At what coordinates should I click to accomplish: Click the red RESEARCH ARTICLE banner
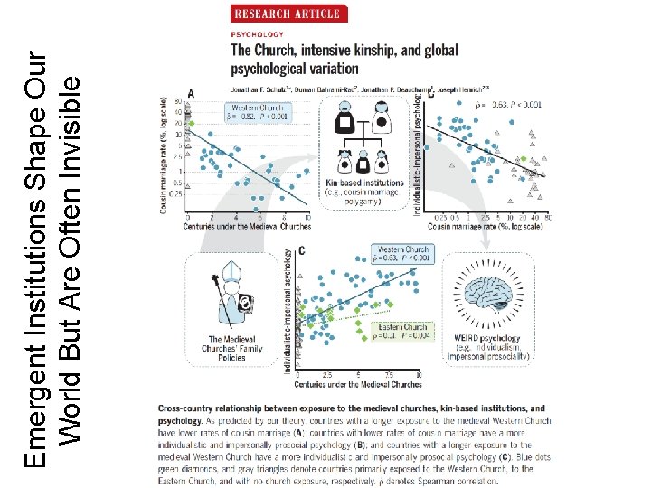pyautogui.click(x=287, y=13)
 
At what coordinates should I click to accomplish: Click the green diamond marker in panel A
pyautogui.click(x=190, y=121)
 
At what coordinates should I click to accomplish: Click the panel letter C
pyautogui.click(x=301, y=249)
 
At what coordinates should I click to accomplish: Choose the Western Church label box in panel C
pyautogui.click(x=402, y=254)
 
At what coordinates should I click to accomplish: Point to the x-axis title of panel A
pyautogui.click(x=247, y=226)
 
